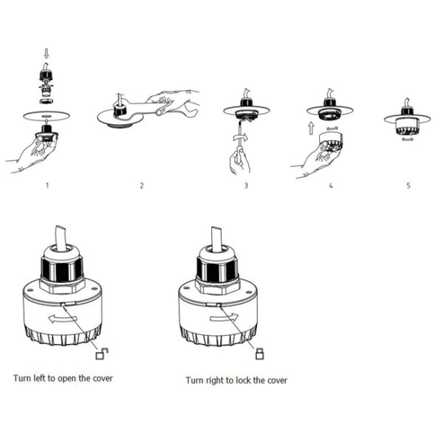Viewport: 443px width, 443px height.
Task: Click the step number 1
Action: click(47, 185)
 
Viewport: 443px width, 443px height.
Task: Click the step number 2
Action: click(142, 185)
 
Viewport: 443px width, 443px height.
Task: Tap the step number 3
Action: click(246, 185)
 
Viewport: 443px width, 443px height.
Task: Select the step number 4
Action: click(331, 185)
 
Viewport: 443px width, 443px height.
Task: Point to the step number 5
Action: click(408, 185)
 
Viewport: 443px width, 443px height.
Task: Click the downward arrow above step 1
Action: click(47, 53)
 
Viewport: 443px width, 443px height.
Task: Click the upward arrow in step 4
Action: click(311, 128)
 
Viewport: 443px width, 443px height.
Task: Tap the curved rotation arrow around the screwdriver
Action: click(240, 138)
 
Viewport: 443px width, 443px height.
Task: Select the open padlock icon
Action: click(102, 354)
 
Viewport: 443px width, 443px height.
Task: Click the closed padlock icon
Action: click(259, 354)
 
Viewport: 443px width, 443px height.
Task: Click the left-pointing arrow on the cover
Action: click(63, 319)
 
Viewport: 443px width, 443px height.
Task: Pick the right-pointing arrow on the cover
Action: click(224, 317)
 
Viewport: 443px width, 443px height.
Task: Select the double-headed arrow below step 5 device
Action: click(407, 139)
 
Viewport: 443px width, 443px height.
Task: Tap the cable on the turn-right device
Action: click(216, 239)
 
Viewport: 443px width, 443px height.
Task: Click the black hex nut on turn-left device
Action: click(62, 271)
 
